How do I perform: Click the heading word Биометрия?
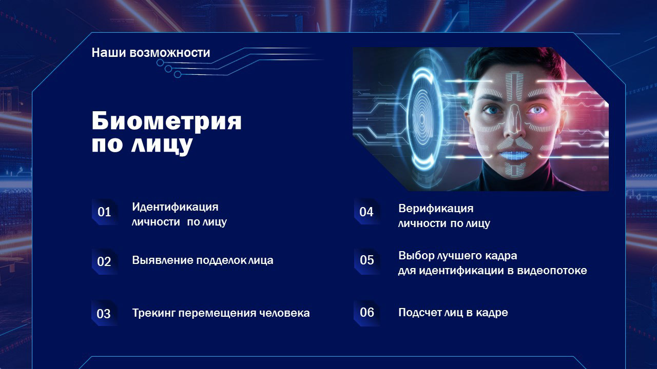click(166, 121)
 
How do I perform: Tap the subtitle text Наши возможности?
click(151, 53)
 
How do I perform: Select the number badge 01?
click(104, 212)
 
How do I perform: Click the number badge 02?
click(104, 261)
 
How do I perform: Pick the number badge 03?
click(104, 314)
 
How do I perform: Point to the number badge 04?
click(366, 212)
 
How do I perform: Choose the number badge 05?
click(367, 260)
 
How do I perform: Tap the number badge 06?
click(367, 312)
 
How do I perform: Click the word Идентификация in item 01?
click(175, 207)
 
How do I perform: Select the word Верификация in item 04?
click(436, 209)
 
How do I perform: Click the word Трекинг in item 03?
click(153, 313)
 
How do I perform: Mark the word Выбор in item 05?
click(415, 256)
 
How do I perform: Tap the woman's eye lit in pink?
click(536, 110)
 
